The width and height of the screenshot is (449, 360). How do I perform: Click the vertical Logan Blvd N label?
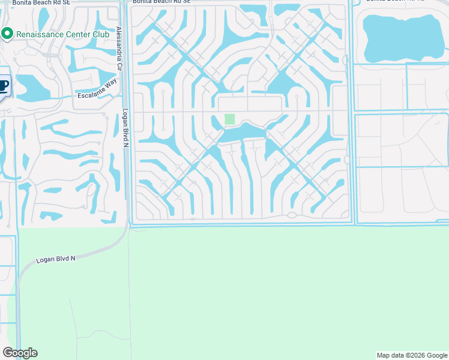tap(125, 127)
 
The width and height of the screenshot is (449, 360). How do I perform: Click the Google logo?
tap(20, 353)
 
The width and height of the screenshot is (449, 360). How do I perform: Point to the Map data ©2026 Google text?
tap(411, 355)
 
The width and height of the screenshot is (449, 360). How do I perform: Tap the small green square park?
tap(229, 119)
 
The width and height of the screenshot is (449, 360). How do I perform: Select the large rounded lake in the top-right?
tap(401, 37)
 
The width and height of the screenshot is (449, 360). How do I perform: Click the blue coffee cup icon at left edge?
tap(4, 86)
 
